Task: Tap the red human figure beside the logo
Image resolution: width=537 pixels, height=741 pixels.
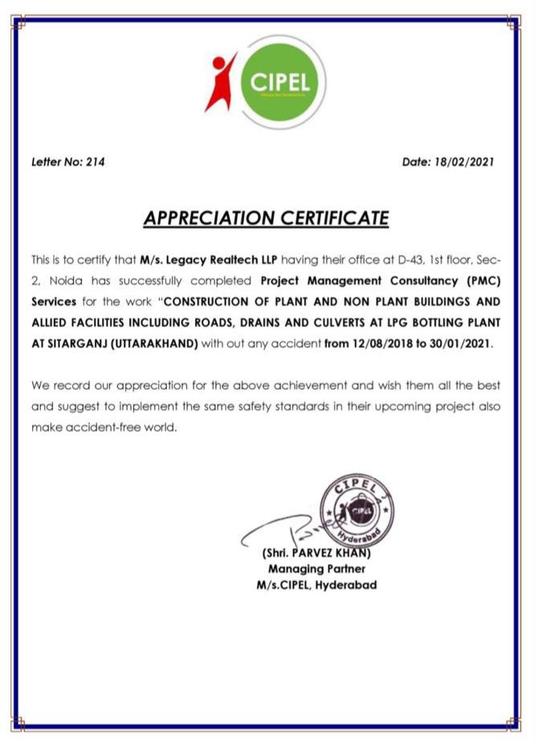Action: click(x=219, y=82)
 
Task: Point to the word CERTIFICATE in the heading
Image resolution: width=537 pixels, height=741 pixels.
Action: click(x=336, y=217)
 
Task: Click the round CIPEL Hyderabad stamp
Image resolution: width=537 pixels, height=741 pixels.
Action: click(x=356, y=509)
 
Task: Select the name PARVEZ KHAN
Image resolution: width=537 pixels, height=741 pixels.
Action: click(x=329, y=553)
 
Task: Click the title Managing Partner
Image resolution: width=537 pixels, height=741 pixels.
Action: click(x=316, y=569)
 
